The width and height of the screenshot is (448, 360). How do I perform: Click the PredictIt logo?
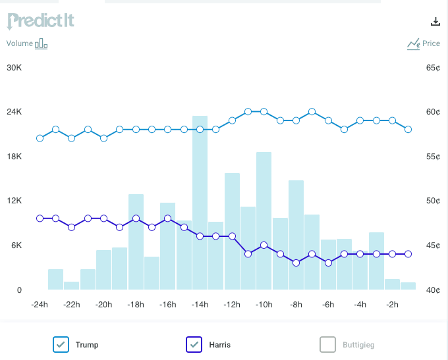coord(40,20)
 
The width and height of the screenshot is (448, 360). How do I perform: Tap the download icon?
coord(435,21)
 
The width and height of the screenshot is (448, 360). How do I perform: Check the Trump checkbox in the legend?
coord(61,344)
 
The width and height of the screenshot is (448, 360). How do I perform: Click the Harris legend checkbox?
coord(194,344)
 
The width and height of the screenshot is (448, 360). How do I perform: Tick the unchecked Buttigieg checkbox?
coord(327,344)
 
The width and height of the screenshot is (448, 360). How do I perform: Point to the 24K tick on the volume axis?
coord(14,112)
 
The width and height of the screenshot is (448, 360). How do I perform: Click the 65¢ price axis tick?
coord(433,68)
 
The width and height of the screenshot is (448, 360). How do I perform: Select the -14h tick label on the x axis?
coord(200,305)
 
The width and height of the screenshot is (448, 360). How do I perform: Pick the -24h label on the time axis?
coord(40,305)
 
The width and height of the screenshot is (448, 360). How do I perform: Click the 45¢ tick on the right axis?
coord(433,245)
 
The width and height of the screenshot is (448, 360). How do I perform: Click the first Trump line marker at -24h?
coord(40,138)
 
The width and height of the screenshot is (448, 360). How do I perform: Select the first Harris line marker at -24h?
coord(40,219)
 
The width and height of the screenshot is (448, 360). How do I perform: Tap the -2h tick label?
coord(392,305)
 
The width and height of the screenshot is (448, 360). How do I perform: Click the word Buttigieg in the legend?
coord(358,344)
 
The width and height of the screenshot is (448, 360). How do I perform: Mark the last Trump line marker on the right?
coord(408,130)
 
